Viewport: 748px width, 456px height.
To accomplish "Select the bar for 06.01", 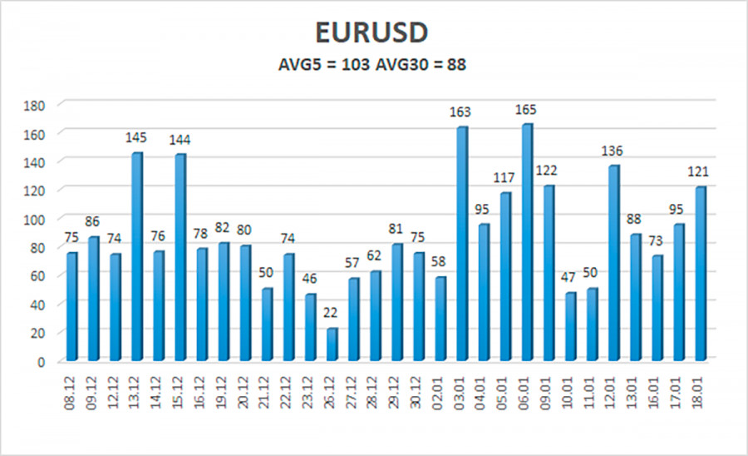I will [x=527, y=242].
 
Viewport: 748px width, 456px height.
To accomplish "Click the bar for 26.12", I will [x=332, y=344].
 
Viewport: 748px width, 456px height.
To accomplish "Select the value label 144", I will [x=180, y=140].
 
